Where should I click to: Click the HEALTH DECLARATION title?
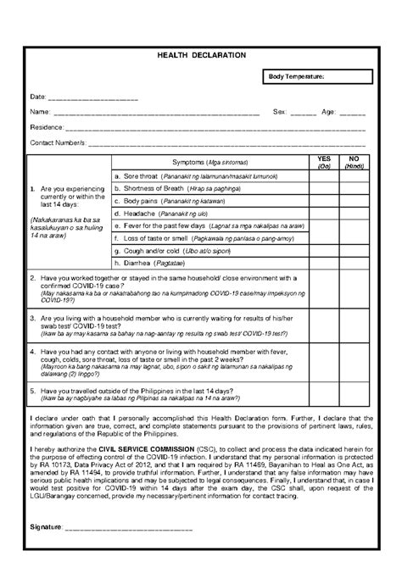(x=201, y=55)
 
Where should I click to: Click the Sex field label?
(x=279, y=112)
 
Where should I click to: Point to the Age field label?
(x=327, y=112)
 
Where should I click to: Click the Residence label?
(x=47, y=127)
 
